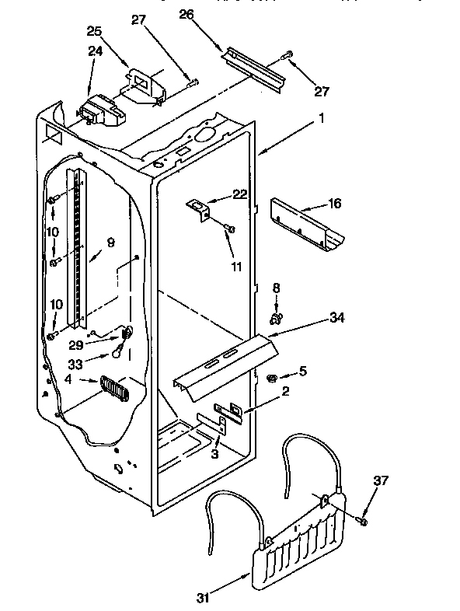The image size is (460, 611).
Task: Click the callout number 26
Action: [186, 13]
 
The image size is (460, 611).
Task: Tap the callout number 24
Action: [95, 51]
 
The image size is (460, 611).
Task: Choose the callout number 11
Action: [235, 267]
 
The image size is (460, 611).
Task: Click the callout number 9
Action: [110, 243]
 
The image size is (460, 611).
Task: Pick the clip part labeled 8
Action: [274, 317]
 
